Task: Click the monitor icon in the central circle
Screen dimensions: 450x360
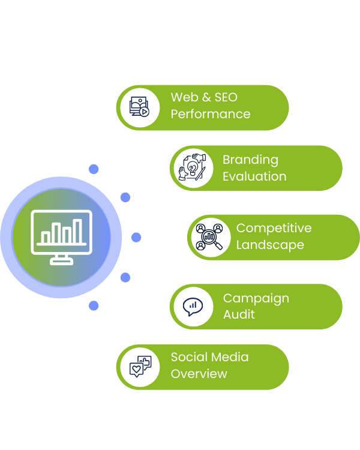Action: (61, 236)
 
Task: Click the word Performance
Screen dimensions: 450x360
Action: (210, 114)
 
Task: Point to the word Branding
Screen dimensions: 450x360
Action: (250, 160)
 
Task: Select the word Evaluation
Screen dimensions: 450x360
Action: (254, 176)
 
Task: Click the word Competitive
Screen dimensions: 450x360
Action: (274, 228)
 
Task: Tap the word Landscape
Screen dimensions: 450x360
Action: (270, 245)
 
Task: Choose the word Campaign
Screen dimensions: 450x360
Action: (256, 298)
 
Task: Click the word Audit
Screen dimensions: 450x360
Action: (239, 314)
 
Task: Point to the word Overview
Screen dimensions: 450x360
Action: (199, 373)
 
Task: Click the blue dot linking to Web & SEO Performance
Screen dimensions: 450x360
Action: (94, 169)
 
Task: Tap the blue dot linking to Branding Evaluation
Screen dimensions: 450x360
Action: (125, 197)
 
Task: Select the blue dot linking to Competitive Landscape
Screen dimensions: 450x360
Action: (136, 238)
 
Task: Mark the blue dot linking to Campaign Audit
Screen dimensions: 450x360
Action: (125, 277)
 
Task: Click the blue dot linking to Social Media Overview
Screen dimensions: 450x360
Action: (94, 305)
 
